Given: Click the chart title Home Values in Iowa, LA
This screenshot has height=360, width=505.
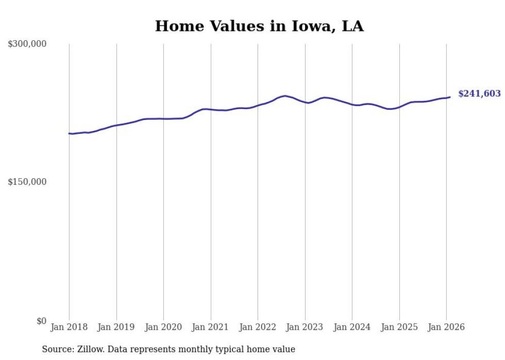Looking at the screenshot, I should click(259, 26).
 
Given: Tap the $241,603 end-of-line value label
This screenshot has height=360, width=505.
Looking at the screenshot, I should click(479, 94).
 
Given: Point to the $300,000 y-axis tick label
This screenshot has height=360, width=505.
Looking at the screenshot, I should click(27, 44).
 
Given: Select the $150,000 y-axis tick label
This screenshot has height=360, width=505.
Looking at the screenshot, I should click(27, 182).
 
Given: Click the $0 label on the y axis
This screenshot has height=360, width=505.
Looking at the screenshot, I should click(41, 321).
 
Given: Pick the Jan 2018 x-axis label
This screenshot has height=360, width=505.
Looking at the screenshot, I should click(69, 327).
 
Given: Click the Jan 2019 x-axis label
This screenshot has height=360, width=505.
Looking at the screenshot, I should click(116, 327).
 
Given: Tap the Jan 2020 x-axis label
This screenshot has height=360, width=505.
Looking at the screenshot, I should click(163, 327).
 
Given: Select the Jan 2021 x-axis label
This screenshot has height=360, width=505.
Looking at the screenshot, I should click(211, 327).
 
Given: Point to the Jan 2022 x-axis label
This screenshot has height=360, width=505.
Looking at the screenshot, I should click(258, 327).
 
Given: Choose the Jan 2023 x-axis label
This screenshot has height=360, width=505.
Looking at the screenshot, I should click(305, 327).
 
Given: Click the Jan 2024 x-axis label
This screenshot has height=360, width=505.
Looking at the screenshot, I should click(352, 327).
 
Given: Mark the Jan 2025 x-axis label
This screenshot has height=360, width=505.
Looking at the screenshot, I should click(399, 327).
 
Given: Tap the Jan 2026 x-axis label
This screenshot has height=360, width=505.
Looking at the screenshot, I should click(447, 327).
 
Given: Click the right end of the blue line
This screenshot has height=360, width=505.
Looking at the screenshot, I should click(450, 97).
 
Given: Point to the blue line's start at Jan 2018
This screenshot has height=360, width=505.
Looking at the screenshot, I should click(69, 133).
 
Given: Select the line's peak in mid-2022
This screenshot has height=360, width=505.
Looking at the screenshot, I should click(285, 96).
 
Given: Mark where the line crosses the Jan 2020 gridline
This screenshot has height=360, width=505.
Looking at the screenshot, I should click(163, 119).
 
